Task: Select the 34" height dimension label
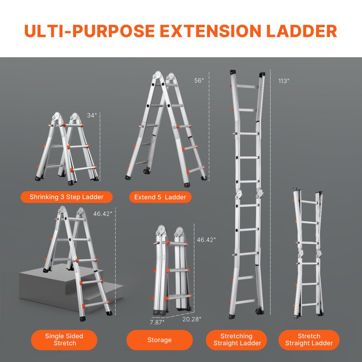[x=92, y=115]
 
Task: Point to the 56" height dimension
[x=199, y=81]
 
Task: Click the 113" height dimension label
[x=284, y=81]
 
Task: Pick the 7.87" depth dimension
[x=157, y=321]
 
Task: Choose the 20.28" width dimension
[x=192, y=319]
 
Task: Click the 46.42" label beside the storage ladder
[x=206, y=239]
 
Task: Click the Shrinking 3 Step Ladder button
[x=67, y=197]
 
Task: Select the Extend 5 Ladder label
[x=160, y=197]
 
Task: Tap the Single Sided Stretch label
[x=64, y=340]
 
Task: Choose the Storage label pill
[x=159, y=340]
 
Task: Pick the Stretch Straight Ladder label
[x=309, y=340]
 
